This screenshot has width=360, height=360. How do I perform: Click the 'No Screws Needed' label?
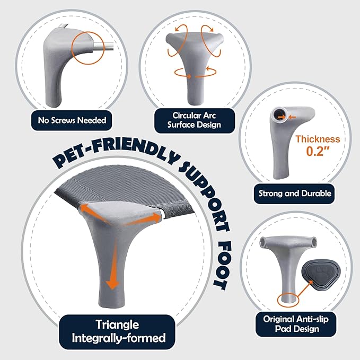72,120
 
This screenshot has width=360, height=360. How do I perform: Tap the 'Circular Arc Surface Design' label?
194,120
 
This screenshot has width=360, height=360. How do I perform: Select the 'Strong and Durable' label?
295,194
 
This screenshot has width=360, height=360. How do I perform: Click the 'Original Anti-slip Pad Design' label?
296,324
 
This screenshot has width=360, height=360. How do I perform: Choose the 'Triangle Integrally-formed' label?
117,331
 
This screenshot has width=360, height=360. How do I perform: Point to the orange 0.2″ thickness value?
318,151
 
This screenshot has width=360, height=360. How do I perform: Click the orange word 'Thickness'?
318,139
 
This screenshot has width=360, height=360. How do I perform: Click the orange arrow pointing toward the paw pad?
304,288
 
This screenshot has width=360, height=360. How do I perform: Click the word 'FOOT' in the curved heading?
222,266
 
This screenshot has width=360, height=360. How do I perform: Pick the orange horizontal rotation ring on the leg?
195,73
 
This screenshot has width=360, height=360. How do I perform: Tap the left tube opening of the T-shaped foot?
262,242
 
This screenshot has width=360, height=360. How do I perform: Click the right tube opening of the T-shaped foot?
314,242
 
